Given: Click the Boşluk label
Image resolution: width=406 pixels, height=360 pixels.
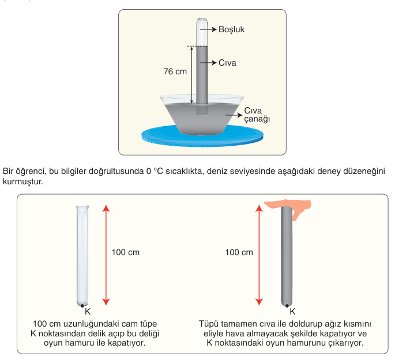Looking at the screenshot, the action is [231, 29].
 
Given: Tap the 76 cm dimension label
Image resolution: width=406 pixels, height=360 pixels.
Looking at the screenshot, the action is [175, 71].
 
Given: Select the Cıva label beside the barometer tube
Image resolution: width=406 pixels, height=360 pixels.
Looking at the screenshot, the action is [227, 63].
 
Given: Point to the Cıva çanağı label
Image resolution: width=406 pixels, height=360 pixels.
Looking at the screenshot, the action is [257, 115].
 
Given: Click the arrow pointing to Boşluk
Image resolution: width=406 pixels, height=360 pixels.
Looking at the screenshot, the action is [208, 29].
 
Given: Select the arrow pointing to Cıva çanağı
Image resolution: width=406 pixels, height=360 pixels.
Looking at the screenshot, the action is [234, 115].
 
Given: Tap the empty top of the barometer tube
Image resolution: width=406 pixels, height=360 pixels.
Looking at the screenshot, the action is [202, 32].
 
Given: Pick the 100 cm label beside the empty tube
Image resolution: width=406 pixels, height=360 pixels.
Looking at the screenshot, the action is [125, 252].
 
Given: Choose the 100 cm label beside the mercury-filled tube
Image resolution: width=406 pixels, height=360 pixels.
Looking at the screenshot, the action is [239, 252].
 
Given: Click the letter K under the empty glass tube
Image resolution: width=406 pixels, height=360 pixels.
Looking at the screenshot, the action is [88, 312].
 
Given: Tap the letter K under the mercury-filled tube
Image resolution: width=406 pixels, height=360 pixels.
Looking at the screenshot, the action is [292, 312].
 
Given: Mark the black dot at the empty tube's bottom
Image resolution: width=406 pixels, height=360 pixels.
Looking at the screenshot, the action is [82, 306].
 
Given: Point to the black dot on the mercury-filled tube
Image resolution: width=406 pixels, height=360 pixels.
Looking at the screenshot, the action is [287, 306].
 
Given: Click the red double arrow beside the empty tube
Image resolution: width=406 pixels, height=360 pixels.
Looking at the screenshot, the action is [106, 255].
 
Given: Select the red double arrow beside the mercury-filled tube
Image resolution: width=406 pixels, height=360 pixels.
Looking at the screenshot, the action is [259, 255].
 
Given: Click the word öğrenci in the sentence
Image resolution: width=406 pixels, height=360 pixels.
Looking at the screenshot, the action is [31, 171].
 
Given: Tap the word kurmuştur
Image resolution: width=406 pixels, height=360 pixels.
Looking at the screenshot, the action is [23, 181].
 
